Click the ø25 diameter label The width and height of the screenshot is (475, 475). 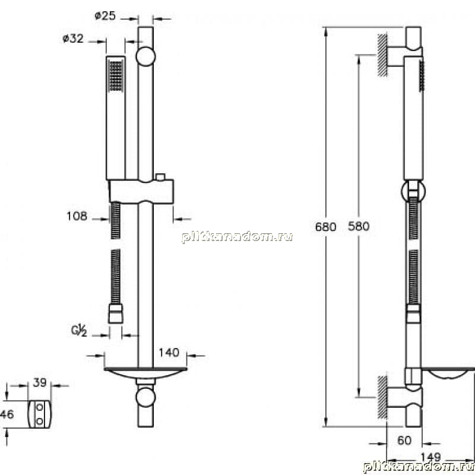[x=105, y=15]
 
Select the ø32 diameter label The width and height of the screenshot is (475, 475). [x=73, y=39]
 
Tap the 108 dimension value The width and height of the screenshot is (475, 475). [x=77, y=216]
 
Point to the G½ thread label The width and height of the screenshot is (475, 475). [x=79, y=330]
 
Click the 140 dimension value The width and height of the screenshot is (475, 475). [x=169, y=352]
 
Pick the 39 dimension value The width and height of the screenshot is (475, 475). [x=40, y=382]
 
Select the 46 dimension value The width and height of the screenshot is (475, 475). [x=7, y=414]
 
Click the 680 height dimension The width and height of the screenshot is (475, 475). [x=325, y=227]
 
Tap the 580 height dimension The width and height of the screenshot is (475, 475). [x=359, y=226]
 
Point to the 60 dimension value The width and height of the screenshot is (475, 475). [x=404, y=441]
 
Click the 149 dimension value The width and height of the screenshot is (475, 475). [x=430, y=457]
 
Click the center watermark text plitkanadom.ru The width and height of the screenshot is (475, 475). [x=237, y=236]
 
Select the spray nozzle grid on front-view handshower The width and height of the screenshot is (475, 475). [x=116, y=76]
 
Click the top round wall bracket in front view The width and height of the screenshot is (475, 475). [x=145, y=56]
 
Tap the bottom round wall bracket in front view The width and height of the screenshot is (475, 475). [x=145, y=397]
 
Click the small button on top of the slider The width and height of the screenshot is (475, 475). [x=160, y=177]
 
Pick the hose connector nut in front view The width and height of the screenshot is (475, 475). [x=116, y=313]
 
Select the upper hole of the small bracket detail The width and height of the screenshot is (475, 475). [x=40, y=407]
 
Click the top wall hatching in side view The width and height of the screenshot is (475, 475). [x=382, y=55]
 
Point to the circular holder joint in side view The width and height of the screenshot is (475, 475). [x=413, y=191]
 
